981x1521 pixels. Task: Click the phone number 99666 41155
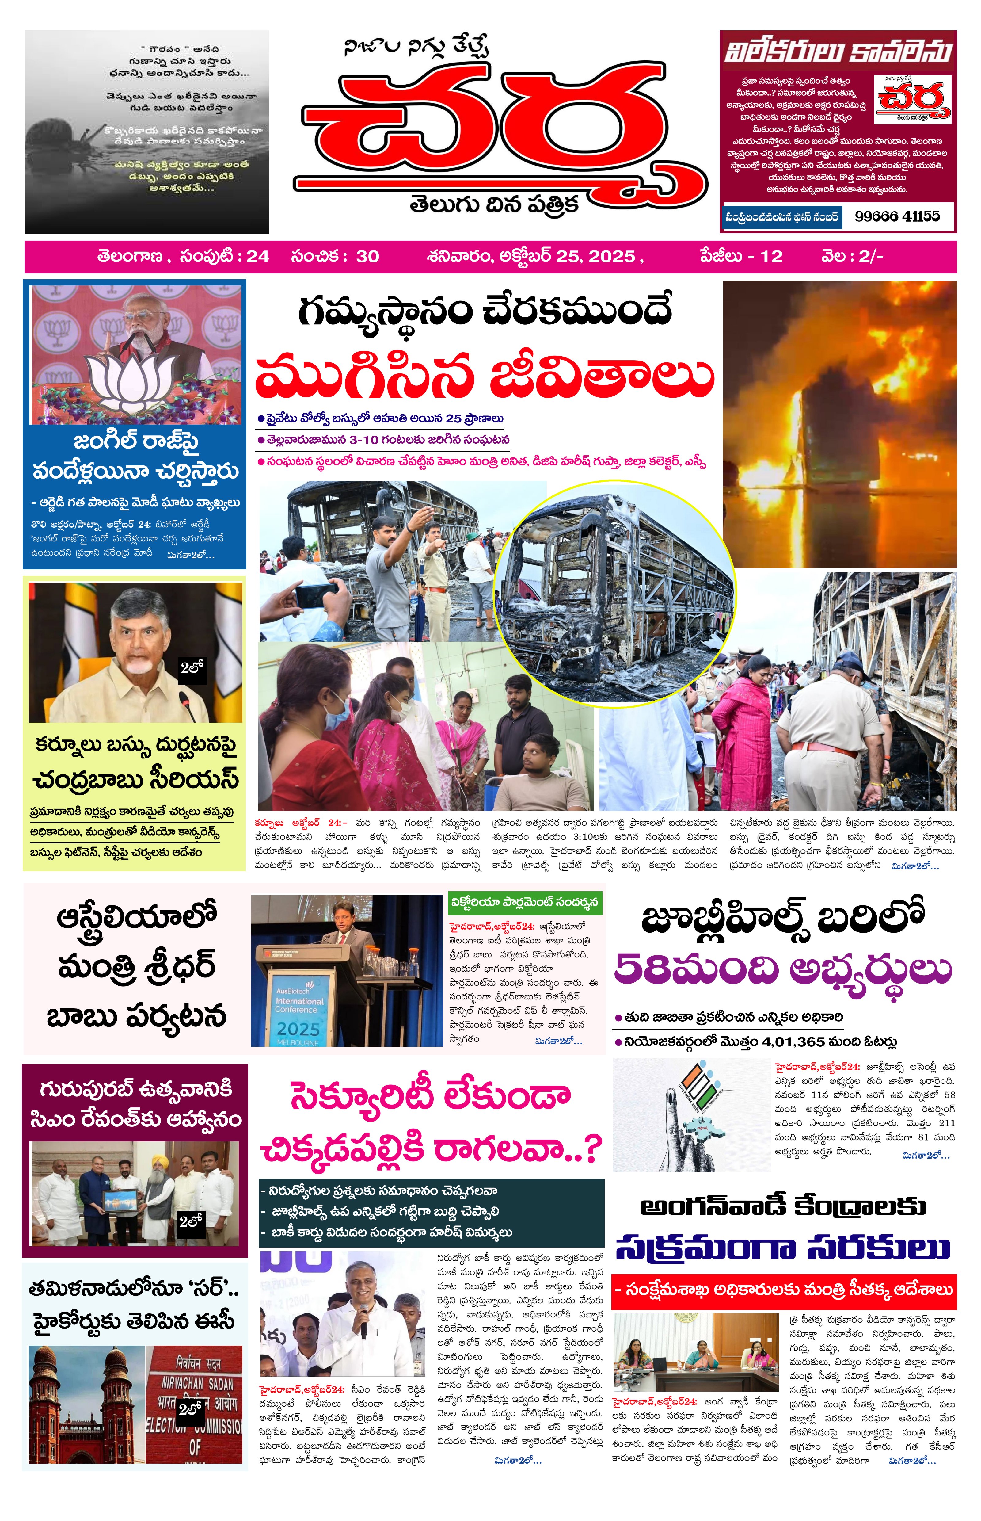click(x=897, y=216)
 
